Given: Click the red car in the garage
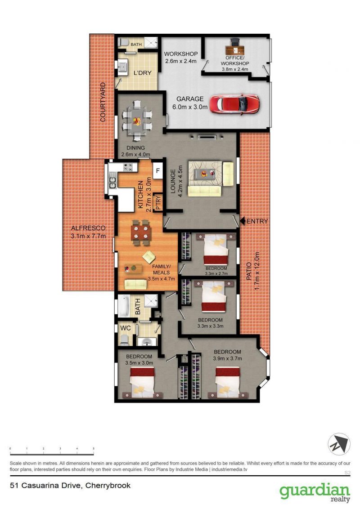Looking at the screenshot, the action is tap(234, 104).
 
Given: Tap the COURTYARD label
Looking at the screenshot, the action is tap(103, 102).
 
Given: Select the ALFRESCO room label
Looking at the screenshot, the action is tap(88, 228).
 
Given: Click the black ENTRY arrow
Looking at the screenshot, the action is tap(243, 221).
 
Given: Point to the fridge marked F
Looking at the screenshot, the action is tap(158, 171).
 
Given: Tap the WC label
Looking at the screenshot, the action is tap(126, 328).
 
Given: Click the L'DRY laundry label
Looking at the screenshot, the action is tap(142, 73).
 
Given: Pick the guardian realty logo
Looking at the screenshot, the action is tap(315, 493).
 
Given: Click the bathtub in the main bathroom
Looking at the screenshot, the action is tap(124, 306).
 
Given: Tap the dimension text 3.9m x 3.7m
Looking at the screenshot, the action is tap(227, 358).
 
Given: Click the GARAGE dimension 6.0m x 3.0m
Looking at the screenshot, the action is tap(190, 107).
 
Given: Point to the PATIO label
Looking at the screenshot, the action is tap(249, 271).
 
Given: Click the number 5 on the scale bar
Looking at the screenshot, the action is tap(94, 449).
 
